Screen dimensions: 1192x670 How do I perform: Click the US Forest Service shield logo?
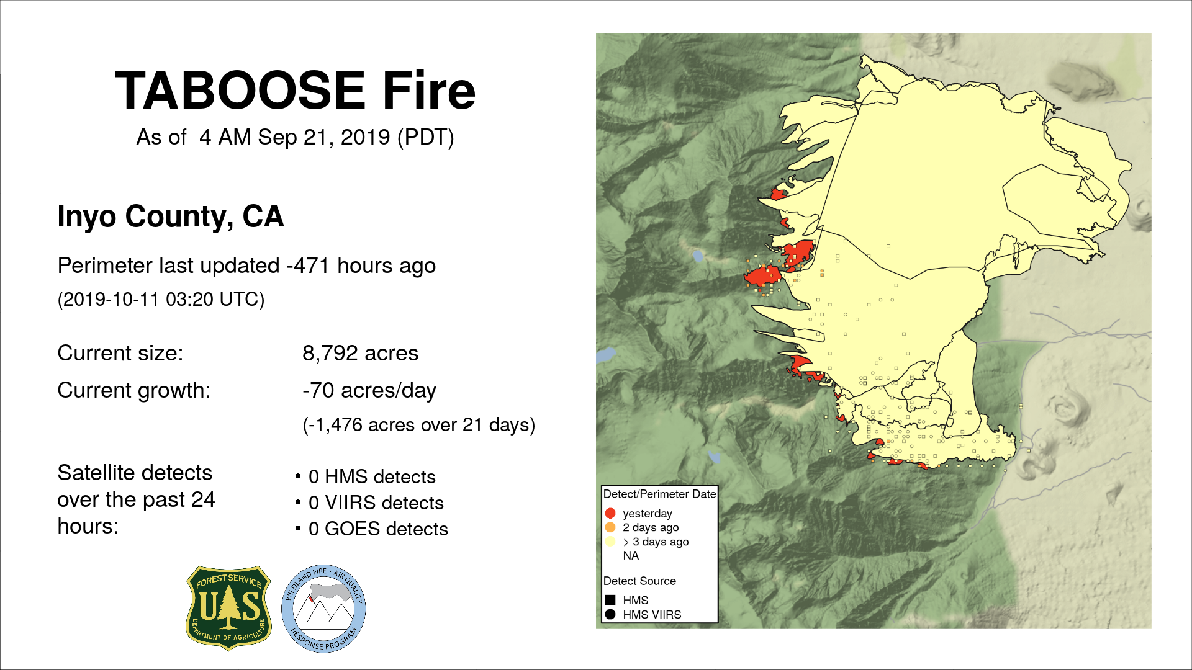(x=229, y=608)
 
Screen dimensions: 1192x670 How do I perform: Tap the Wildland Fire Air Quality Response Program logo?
(x=323, y=609)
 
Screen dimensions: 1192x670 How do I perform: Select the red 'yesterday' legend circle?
(x=610, y=513)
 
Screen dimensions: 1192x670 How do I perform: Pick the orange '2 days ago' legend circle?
(x=610, y=527)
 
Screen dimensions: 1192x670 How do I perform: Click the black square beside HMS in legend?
(x=610, y=600)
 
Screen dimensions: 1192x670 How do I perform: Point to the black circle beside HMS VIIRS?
(x=610, y=614)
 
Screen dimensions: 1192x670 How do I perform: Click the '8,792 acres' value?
(x=360, y=353)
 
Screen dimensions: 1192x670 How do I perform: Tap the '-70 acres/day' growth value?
(x=369, y=391)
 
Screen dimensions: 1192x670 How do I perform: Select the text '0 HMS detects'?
(x=372, y=476)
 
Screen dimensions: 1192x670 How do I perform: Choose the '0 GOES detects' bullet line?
(x=378, y=529)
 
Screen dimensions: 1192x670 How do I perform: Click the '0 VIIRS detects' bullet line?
(x=376, y=502)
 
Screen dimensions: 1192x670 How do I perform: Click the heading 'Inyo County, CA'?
(x=171, y=217)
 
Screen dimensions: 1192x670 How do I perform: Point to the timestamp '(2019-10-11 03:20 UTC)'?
(x=161, y=300)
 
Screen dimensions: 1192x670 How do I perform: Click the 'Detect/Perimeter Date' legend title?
(x=659, y=494)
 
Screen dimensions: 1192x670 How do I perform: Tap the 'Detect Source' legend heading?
(x=639, y=581)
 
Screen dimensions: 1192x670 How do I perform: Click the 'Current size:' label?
(x=120, y=353)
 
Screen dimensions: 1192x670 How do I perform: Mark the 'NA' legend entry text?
(x=631, y=555)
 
